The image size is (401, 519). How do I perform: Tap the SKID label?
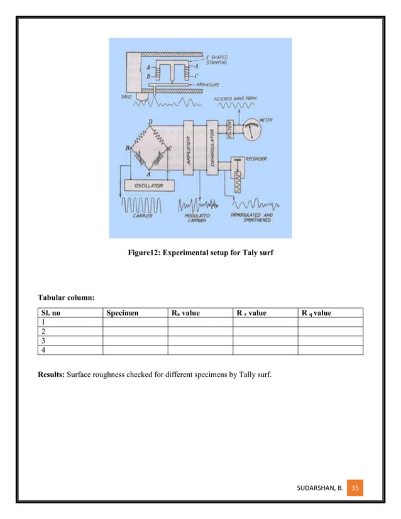point(126,97)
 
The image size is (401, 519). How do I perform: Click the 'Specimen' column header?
point(122,312)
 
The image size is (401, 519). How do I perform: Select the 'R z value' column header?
point(251,312)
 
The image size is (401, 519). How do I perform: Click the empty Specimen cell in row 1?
point(135,322)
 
